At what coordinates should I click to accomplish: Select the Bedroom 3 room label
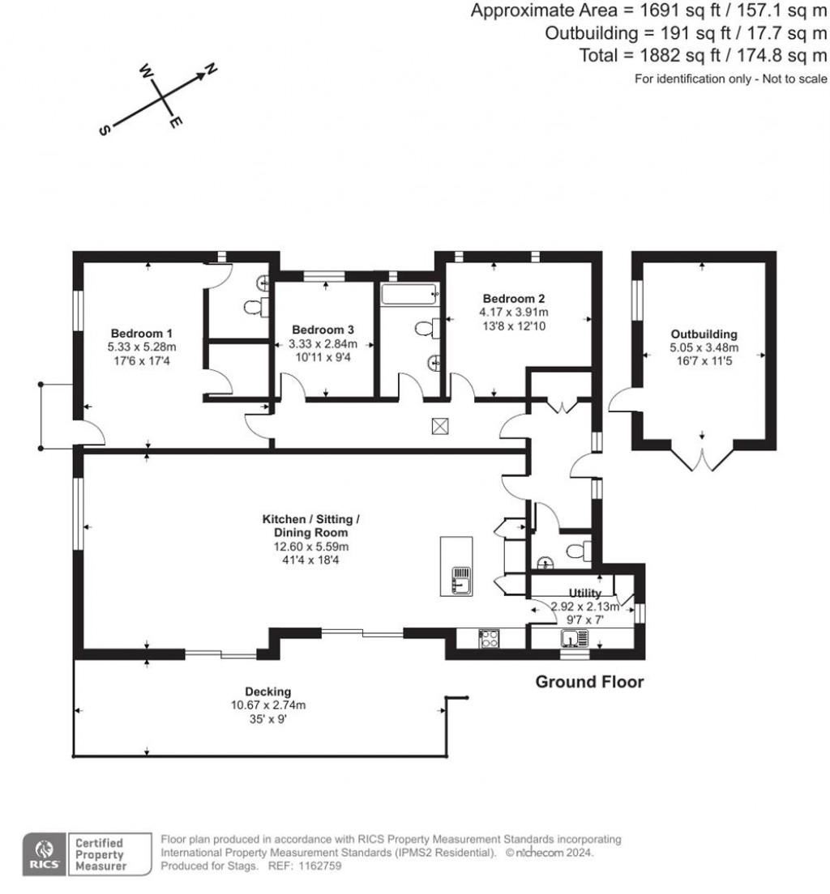[323, 330]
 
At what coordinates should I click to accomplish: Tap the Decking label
[268, 692]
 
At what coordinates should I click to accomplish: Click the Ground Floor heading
[589, 682]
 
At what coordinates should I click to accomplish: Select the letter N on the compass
[211, 70]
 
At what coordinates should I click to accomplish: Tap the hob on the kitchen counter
[489, 638]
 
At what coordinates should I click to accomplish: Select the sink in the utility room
[572, 639]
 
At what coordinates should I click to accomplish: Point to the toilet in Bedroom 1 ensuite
[253, 307]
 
